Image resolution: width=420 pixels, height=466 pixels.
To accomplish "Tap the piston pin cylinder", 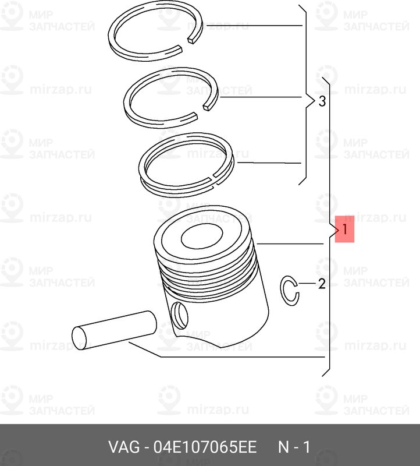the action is point(114,330).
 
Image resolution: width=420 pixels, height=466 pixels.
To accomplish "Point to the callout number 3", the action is point(322,101).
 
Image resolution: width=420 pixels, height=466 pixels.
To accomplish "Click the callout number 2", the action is point(322,284).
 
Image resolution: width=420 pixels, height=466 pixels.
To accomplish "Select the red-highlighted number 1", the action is point(344,229).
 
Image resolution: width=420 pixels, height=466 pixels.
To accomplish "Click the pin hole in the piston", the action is point(180,315).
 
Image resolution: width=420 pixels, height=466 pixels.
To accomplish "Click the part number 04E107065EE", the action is point(205,447).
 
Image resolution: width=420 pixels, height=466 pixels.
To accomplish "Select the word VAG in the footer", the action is point(124,447).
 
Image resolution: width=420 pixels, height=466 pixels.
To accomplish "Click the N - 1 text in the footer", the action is point(294,447).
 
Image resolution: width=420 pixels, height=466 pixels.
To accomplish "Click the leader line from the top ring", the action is point(254,26).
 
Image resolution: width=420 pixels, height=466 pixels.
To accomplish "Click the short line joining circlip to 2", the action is point(307,284).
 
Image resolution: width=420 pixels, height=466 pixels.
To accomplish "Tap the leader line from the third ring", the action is point(269,163).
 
